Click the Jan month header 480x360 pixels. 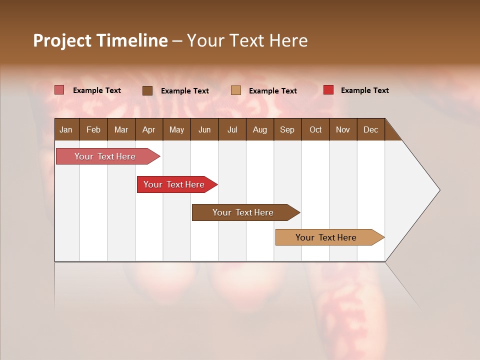66,130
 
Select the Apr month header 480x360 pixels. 149,130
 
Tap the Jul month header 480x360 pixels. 232,130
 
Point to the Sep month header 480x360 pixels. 287,130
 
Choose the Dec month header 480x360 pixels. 370,130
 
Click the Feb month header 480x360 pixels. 93,130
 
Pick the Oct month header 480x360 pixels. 315,130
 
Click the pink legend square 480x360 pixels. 59,90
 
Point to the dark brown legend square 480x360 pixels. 147,90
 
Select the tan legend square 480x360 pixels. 236,90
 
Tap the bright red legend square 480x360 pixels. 328,90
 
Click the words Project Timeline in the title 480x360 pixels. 100,40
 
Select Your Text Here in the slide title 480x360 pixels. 247,40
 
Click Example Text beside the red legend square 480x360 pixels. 364,90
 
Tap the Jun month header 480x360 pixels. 204,130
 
